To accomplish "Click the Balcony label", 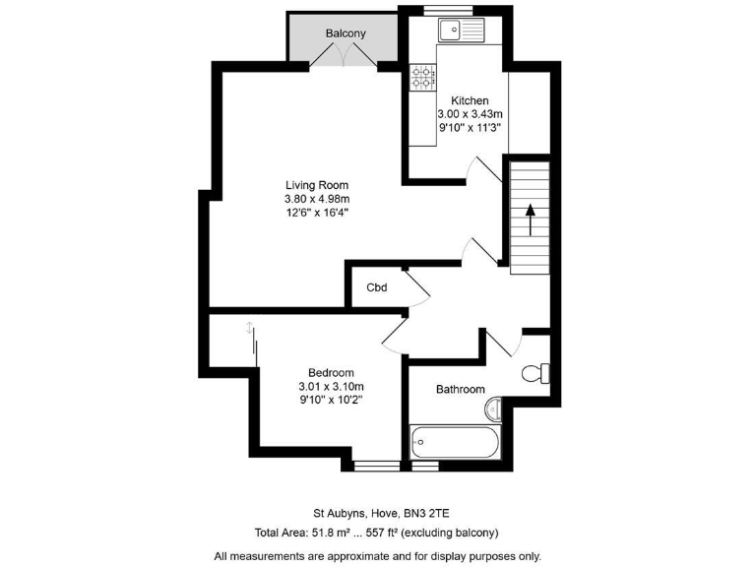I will [x=346, y=33].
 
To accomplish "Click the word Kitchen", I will [x=470, y=100].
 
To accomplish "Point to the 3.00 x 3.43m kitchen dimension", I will [x=470, y=114].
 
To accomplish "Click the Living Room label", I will [x=317, y=185].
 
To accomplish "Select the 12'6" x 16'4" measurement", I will [x=317, y=212].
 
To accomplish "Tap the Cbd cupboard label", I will [x=376, y=288].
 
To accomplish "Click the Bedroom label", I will [x=331, y=372].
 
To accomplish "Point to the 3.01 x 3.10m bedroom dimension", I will [x=331, y=386].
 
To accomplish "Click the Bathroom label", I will [x=461, y=390].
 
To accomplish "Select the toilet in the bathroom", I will [x=537, y=374].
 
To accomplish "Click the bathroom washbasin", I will [x=495, y=409].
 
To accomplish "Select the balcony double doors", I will [x=346, y=57].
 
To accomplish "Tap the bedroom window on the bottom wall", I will [x=376, y=465].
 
